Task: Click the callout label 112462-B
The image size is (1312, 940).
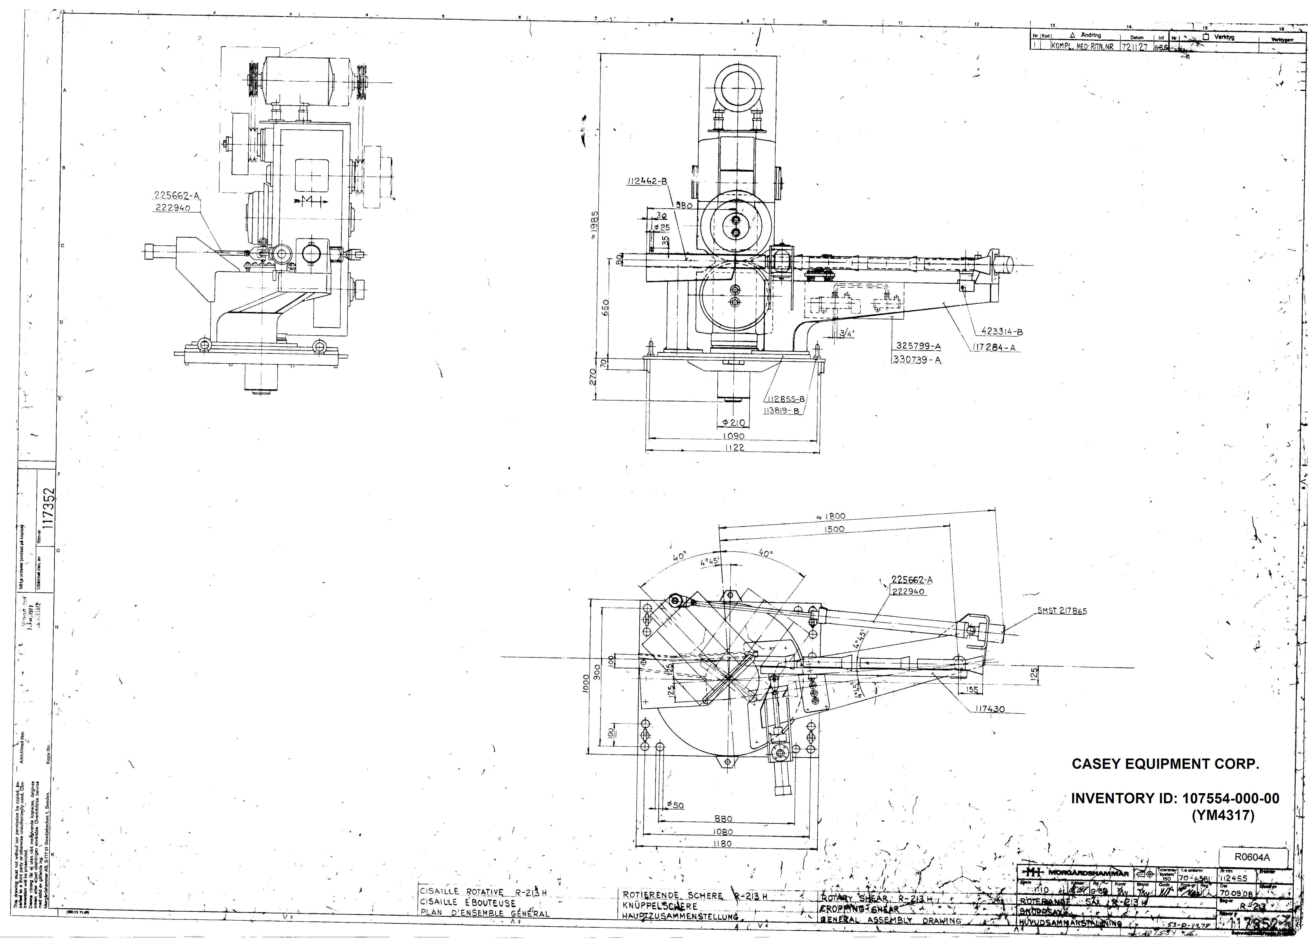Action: pyautogui.click(x=647, y=181)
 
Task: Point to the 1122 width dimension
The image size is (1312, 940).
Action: pyautogui.click(x=733, y=447)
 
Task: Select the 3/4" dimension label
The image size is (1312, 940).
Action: pyautogui.click(x=846, y=333)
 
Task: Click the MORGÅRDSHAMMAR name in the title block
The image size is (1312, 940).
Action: pyautogui.click(x=1088, y=872)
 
